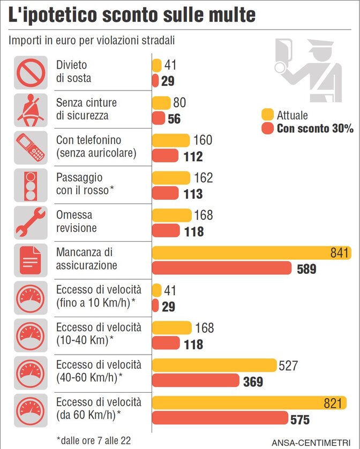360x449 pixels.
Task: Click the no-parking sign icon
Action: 31,72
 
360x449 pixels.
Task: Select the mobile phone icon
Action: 31,147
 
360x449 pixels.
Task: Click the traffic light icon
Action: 31,185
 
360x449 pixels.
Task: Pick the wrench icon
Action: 31,222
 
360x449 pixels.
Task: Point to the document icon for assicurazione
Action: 31,259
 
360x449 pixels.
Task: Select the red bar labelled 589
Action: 222,268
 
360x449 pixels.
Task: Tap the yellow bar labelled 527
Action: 214,365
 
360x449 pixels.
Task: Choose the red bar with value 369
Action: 196,380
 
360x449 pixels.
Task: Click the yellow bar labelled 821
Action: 249,403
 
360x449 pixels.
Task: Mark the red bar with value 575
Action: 220,418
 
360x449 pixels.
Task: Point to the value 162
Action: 203,178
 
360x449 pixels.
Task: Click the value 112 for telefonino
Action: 192,156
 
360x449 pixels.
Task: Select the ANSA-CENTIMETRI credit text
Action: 314,443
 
